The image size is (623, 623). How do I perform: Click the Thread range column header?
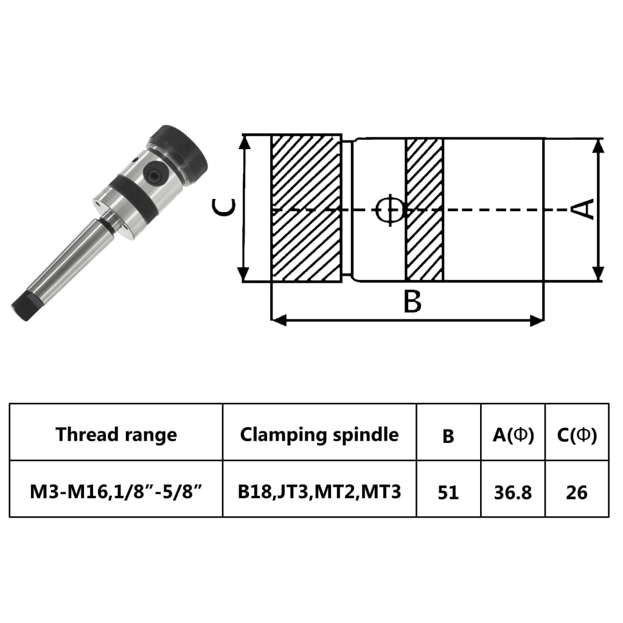click(x=116, y=434)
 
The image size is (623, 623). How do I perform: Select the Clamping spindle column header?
click(x=319, y=434)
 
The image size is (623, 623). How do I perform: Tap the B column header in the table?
click(x=448, y=436)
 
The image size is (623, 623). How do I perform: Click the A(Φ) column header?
click(x=513, y=435)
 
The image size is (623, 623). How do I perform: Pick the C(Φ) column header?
click(x=577, y=435)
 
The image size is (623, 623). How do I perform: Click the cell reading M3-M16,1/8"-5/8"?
click(x=116, y=491)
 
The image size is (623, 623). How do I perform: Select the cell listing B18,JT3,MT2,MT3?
click(x=319, y=491)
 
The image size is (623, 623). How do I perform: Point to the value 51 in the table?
click(x=448, y=492)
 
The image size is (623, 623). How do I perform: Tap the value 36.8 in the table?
click(x=513, y=492)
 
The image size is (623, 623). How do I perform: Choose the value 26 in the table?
click(x=577, y=492)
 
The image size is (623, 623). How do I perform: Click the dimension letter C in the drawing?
click(x=223, y=209)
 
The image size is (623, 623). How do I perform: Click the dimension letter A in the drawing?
click(x=584, y=209)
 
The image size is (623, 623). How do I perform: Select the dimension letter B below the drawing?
click(x=412, y=302)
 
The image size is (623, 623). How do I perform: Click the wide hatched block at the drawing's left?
click(x=305, y=209)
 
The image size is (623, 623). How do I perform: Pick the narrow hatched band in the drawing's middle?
click(x=424, y=209)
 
